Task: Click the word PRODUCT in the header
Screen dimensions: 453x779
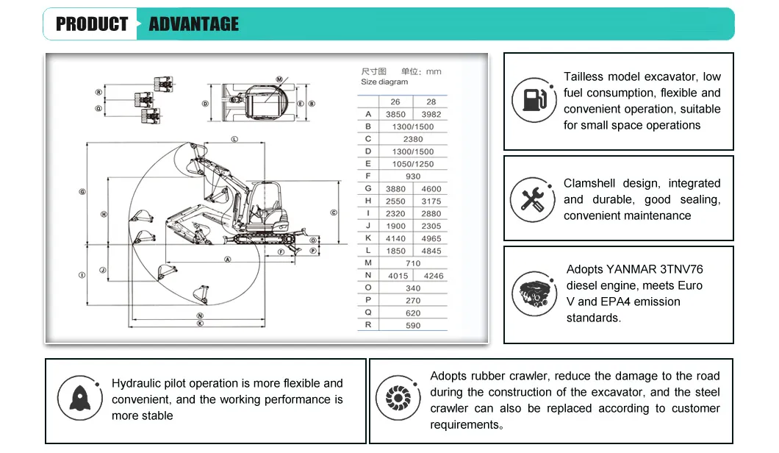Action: (x=92, y=24)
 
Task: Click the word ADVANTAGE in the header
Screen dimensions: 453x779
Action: (x=194, y=24)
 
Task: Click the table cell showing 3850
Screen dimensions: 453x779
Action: (x=395, y=114)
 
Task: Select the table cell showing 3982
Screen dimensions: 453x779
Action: (x=431, y=114)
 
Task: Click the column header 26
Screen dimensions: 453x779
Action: (x=395, y=101)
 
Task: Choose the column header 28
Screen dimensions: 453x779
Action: (x=431, y=101)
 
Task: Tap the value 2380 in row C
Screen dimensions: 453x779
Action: (x=413, y=139)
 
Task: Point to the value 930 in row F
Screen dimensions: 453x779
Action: (x=413, y=176)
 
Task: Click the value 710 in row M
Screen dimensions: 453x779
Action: (x=413, y=263)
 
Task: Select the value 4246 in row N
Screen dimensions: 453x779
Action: (x=434, y=276)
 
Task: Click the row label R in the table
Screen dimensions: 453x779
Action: (x=368, y=325)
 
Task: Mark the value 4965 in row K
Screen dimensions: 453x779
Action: (x=431, y=238)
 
